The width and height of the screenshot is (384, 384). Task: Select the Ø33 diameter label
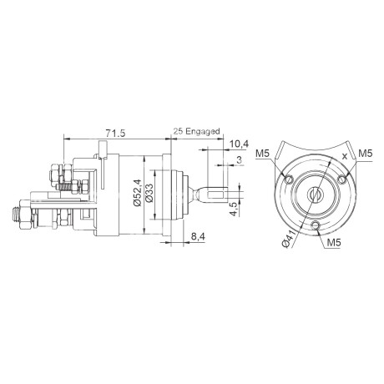click(149, 195)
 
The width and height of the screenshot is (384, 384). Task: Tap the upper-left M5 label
click(263, 154)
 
